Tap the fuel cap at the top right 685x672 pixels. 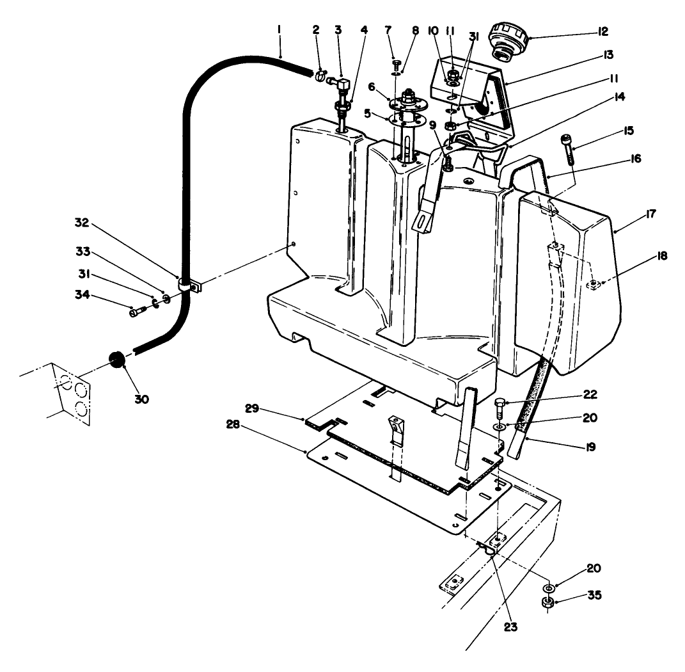tap(507, 40)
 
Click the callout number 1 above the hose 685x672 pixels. tap(280, 29)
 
